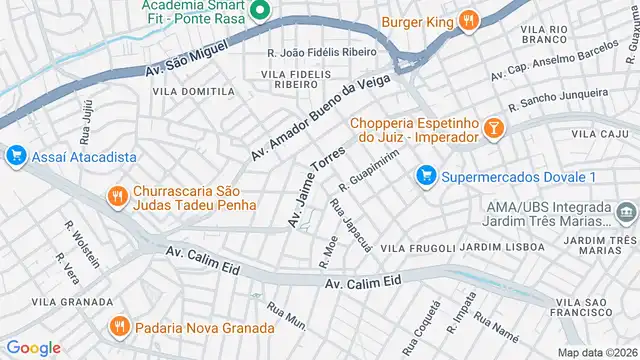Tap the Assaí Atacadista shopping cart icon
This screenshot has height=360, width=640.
[15, 156]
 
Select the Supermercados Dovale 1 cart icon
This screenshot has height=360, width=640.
[426, 177]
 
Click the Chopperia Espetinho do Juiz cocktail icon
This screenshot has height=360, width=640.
[493, 127]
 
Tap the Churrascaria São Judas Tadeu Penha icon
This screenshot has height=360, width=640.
[118, 196]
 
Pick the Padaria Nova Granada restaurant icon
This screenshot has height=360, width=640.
[119, 327]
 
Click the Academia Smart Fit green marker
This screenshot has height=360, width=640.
[259, 13]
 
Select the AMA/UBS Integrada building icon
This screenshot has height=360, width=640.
[627, 211]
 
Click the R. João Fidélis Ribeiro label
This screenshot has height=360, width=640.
[321, 52]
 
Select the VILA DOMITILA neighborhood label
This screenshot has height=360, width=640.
[192, 91]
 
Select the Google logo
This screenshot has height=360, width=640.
[34, 347]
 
